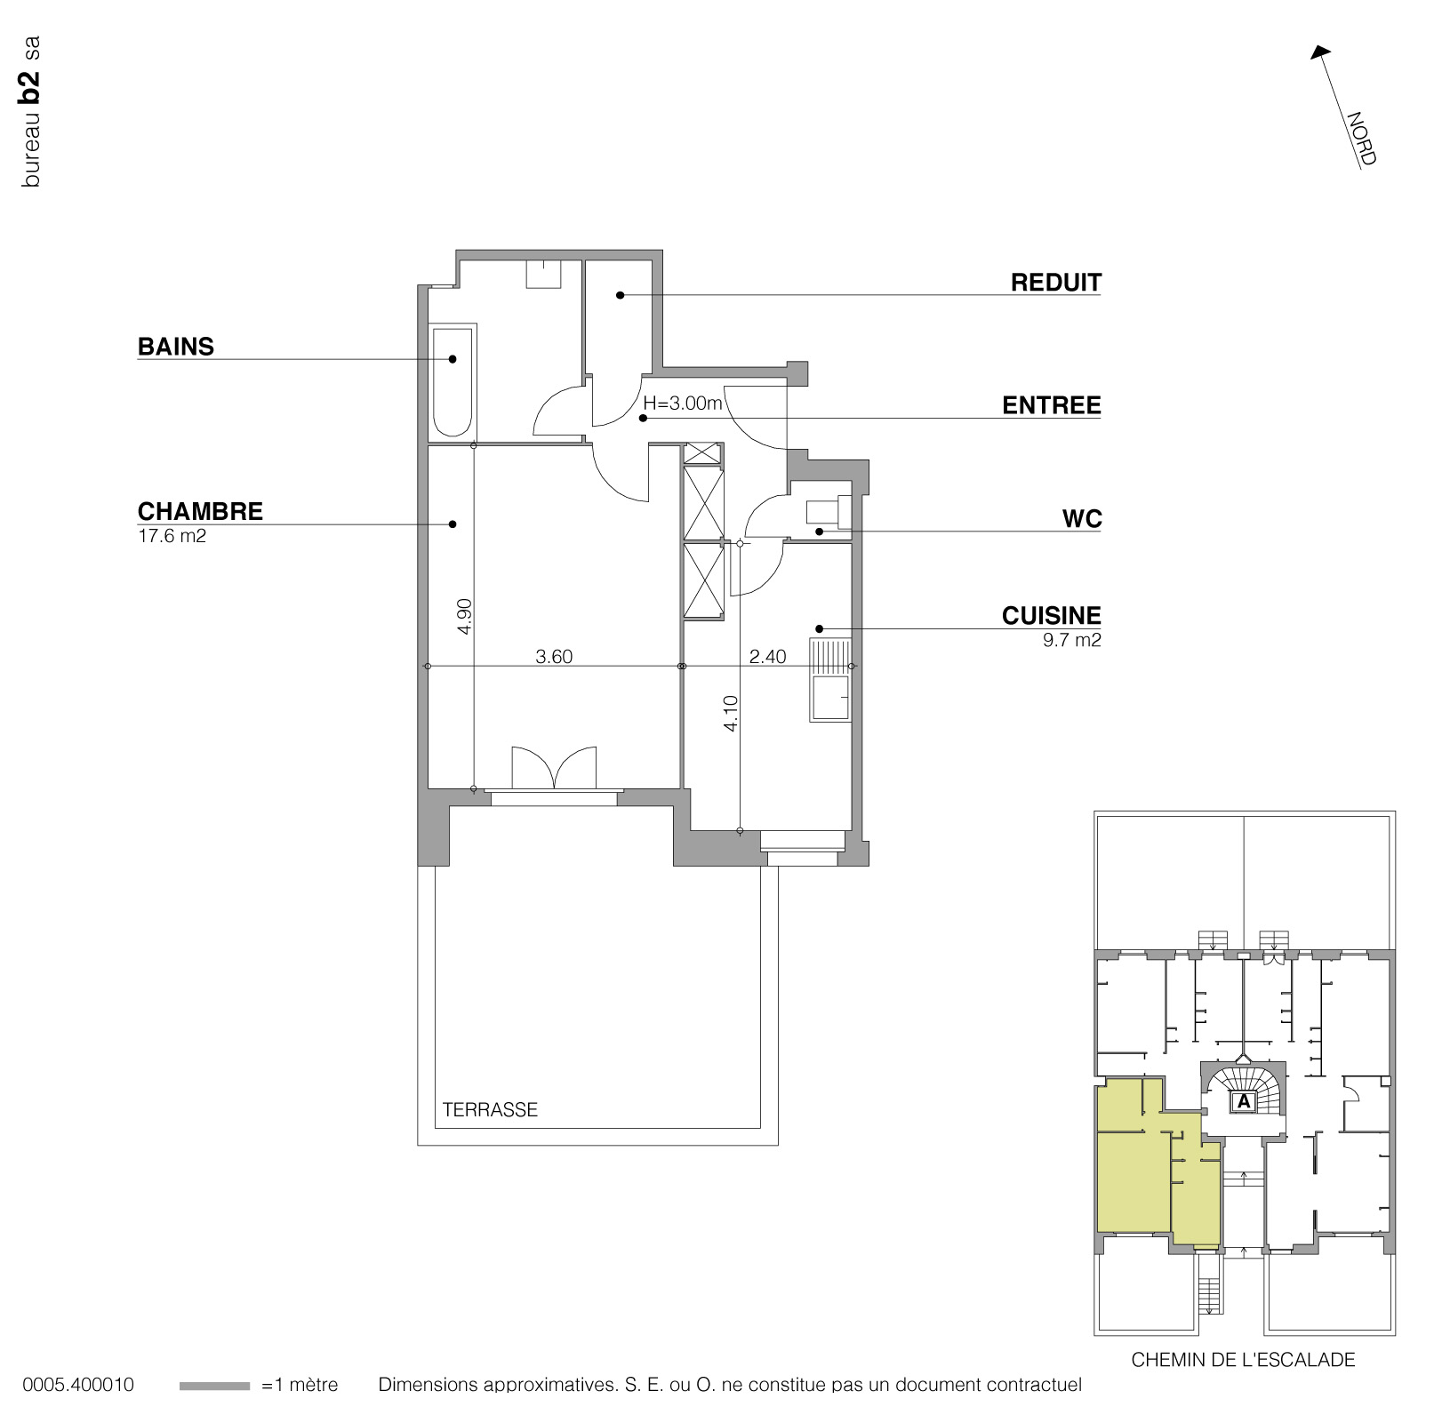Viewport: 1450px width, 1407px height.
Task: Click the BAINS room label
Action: coord(175,347)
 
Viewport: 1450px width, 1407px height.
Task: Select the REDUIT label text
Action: coord(1055,283)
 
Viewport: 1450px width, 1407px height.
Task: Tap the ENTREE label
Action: coord(1051,405)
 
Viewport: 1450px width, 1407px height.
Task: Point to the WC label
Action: coord(1081,519)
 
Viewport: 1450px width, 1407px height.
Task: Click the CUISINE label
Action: coord(1051,615)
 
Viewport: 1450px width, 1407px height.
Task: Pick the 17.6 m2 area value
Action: coord(172,536)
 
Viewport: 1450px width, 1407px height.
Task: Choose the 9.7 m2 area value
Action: coord(1071,640)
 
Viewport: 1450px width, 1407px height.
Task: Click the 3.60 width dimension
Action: coord(554,657)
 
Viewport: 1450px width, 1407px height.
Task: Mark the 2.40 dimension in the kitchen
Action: coord(767,657)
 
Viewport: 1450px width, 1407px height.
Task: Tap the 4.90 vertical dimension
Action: coord(464,616)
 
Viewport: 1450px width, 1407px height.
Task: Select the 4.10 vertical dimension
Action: coord(731,713)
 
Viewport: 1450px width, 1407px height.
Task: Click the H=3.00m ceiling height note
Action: coord(683,403)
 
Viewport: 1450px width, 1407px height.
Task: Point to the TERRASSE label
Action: coord(490,1109)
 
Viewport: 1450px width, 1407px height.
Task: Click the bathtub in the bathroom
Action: coord(453,382)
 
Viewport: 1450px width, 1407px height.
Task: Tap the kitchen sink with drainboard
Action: coord(829,680)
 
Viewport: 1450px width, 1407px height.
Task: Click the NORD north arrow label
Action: coord(1360,139)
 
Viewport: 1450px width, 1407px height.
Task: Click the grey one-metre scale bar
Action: coord(214,1385)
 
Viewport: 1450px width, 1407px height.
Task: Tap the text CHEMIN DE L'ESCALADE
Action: coord(1243,1359)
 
